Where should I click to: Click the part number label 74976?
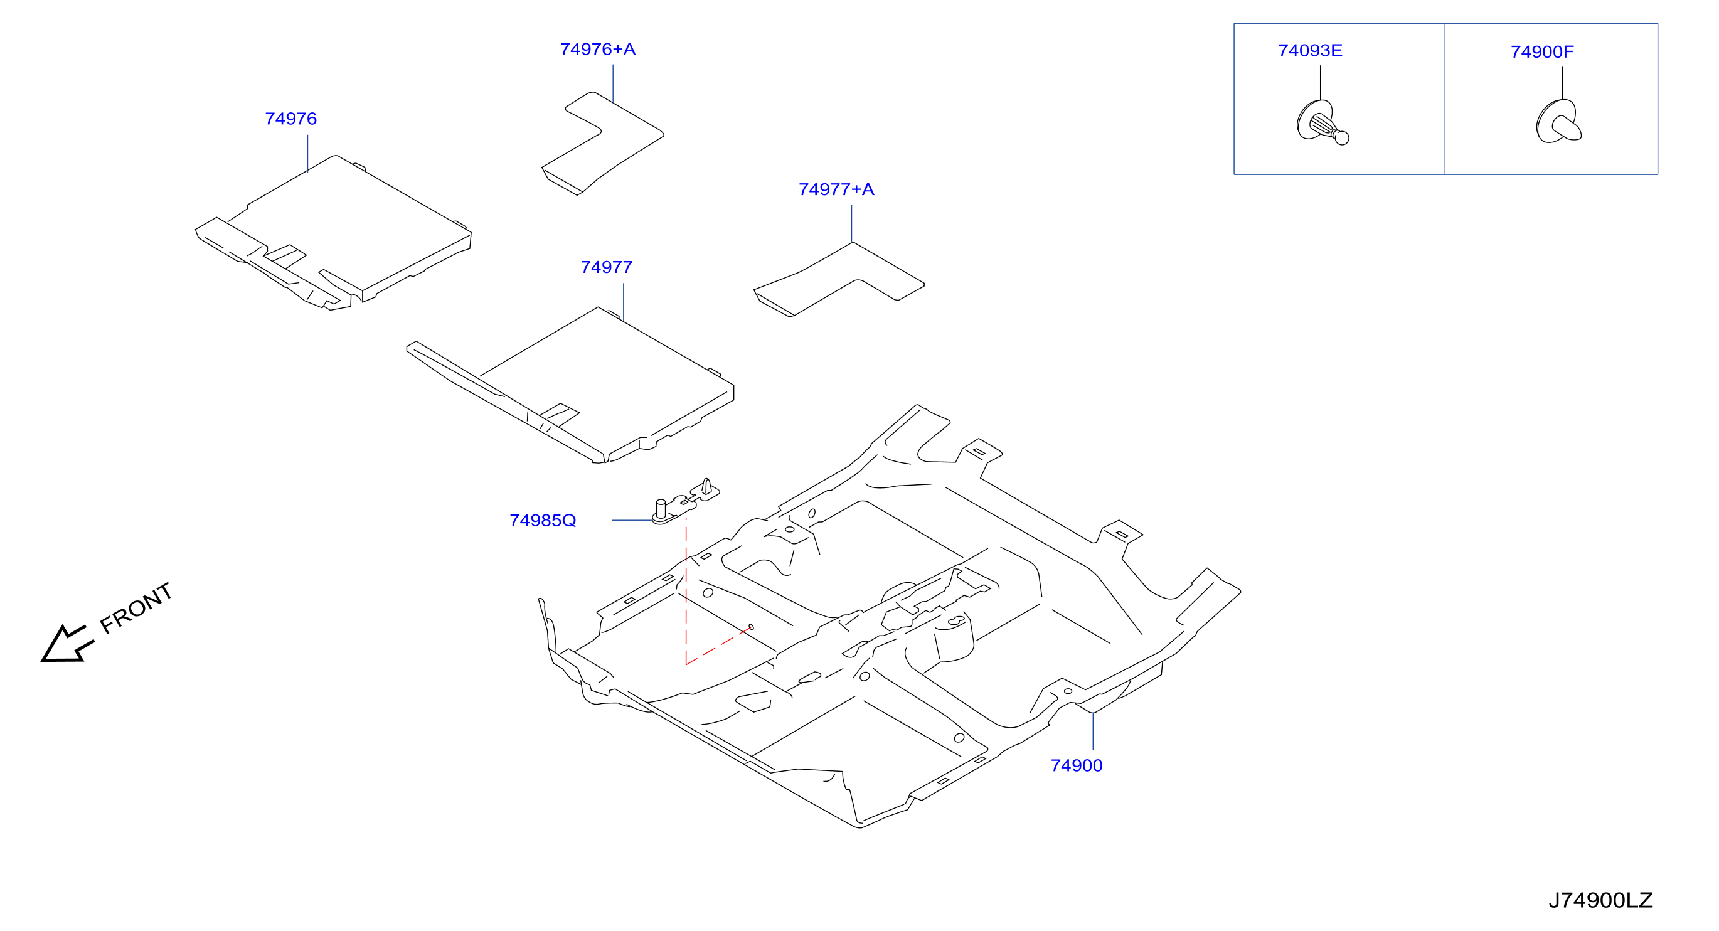click(x=291, y=119)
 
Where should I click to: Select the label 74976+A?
click(x=598, y=50)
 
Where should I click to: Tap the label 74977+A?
click(x=836, y=189)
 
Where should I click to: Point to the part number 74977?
click(x=607, y=267)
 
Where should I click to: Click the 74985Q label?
click(x=543, y=521)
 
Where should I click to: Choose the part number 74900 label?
click(x=1077, y=765)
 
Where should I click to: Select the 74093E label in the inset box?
click(x=1310, y=51)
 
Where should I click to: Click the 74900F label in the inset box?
click(x=1542, y=52)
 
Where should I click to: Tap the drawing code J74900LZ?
click(x=1600, y=900)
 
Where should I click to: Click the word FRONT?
click(x=136, y=608)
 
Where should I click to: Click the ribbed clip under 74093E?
click(x=1322, y=122)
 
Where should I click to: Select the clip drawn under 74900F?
click(x=1559, y=122)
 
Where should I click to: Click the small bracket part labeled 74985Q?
click(x=685, y=502)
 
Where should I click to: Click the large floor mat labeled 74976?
click(x=334, y=233)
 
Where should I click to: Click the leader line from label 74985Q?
click(x=632, y=520)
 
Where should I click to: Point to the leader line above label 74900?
click(x=1093, y=731)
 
